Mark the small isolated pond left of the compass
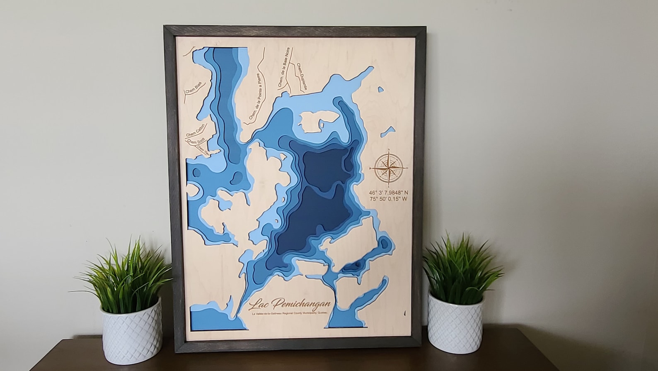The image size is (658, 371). [387, 132]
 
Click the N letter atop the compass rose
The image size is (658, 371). [389, 149]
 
